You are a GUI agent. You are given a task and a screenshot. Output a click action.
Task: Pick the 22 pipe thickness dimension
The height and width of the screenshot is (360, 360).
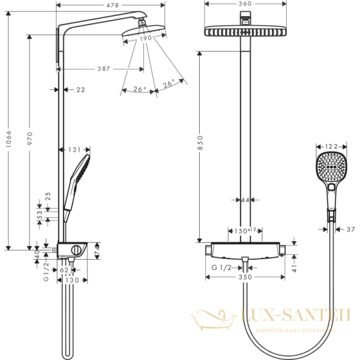click(x=80, y=90)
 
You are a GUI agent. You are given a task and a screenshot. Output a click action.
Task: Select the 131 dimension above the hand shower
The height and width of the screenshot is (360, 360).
click(x=74, y=150)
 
